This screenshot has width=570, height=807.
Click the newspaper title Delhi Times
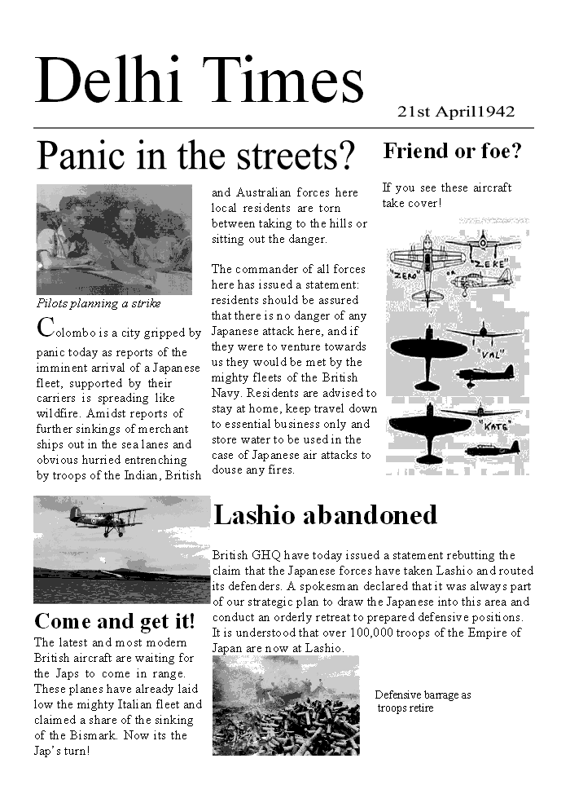(x=199, y=80)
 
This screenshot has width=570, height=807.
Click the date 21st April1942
(x=456, y=112)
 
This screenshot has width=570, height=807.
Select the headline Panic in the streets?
(x=196, y=156)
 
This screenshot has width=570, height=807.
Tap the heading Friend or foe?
(x=452, y=152)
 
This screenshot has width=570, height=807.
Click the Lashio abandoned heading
(x=325, y=514)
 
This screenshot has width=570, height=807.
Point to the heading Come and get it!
(x=115, y=621)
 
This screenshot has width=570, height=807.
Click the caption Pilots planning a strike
(x=99, y=303)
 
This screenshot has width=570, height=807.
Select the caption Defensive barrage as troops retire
(x=423, y=701)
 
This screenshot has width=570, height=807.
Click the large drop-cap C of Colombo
(x=45, y=328)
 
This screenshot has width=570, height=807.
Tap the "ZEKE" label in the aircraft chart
(x=491, y=263)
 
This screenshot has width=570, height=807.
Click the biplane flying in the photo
(x=107, y=520)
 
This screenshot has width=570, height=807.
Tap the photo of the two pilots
(x=114, y=240)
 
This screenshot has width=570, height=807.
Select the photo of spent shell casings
(x=286, y=705)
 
